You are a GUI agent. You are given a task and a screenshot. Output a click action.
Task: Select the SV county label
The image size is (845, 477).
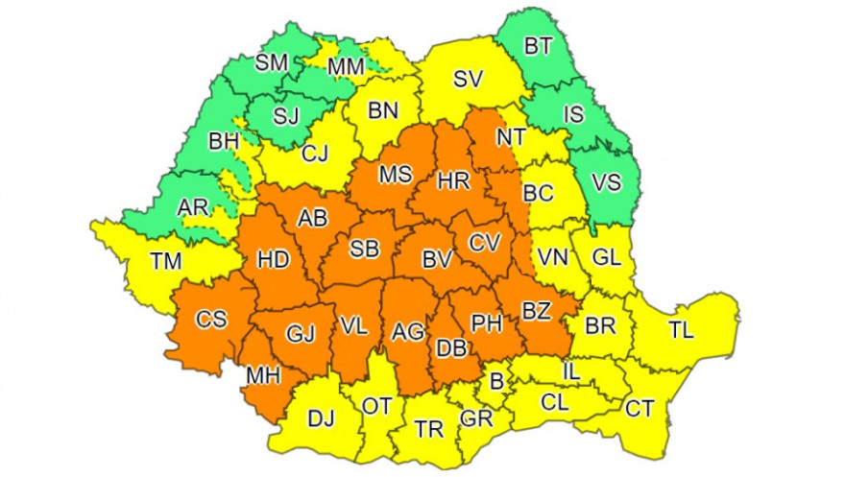[x=468, y=80]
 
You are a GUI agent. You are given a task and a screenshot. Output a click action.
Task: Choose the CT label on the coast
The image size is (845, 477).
[x=639, y=410]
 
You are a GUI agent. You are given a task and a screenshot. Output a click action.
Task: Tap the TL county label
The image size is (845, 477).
[x=681, y=331]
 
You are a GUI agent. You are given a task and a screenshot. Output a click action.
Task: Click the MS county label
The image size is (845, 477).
[x=395, y=176]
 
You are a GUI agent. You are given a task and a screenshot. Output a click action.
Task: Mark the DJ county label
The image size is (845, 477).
[x=321, y=418]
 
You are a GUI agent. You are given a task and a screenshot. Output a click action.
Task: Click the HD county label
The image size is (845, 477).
[x=274, y=259]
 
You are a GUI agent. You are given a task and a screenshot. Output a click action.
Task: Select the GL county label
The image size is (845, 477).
[x=607, y=257]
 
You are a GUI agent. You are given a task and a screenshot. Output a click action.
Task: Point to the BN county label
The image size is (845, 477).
[x=383, y=110]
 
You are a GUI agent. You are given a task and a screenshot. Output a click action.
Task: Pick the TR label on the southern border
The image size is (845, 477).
[x=428, y=429]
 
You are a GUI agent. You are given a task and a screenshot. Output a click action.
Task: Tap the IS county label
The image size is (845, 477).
[x=573, y=115]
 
